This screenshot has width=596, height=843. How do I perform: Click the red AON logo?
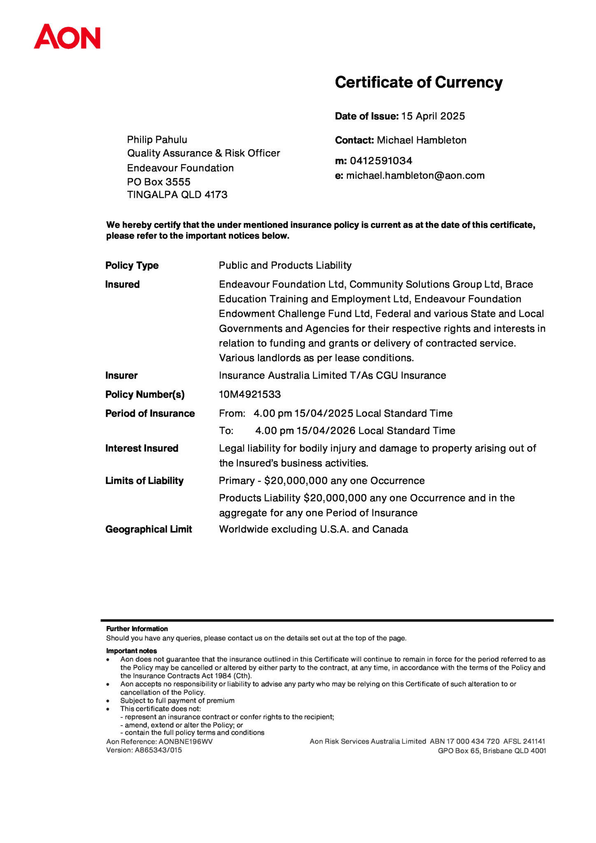pyautogui.click(x=67, y=37)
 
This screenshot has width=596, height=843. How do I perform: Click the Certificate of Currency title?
pyautogui.click(x=419, y=82)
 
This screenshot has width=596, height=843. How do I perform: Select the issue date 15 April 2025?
pyautogui.click(x=433, y=116)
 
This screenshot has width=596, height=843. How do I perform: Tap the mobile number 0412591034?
pyautogui.click(x=381, y=161)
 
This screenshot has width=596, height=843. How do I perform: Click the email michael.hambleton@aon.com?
pyautogui.click(x=415, y=176)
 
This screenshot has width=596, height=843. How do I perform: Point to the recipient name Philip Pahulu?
pyautogui.click(x=157, y=140)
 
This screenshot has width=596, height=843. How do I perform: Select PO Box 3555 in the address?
pyautogui.click(x=158, y=182)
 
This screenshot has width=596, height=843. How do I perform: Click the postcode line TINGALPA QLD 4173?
pyautogui.click(x=177, y=195)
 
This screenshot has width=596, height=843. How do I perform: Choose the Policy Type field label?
pyautogui.click(x=132, y=265)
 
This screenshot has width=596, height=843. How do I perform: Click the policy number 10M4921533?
pyautogui.click(x=250, y=394)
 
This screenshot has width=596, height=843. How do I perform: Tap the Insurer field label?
pyautogui.click(x=121, y=375)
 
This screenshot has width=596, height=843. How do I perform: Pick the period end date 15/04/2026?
pyautogui.click(x=326, y=431)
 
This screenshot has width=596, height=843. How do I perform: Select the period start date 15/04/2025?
pyautogui.click(x=324, y=413)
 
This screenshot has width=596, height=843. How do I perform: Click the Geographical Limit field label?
pyautogui.click(x=149, y=529)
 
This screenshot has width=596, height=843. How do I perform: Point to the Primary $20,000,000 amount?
pyautogui.click(x=296, y=481)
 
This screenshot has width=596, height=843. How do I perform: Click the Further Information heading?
pyautogui.click(x=137, y=629)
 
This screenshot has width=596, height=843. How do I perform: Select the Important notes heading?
pyautogui.click(x=131, y=651)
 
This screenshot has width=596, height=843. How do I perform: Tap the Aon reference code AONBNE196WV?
pyautogui.click(x=186, y=741)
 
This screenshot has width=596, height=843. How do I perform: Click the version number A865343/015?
pyautogui.click(x=158, y=750)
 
